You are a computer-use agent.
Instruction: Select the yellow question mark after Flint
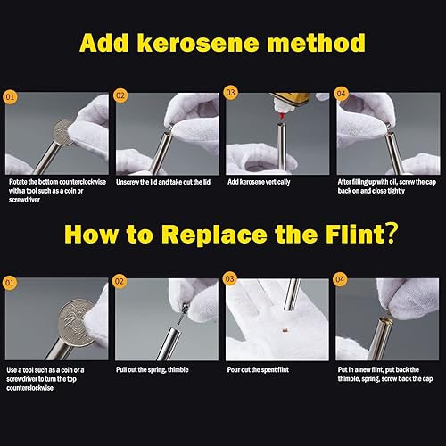(x=392, y=234)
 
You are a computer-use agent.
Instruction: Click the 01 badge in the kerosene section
(x=10, y=97)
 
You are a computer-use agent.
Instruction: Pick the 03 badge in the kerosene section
(x=231, y=93)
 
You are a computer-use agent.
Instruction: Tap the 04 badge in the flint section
(x=340, y=279)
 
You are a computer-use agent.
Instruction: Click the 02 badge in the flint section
(x=120, y=281)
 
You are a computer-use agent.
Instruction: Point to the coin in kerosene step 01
(x=63, y=132)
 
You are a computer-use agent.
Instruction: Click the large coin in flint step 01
(x=77, y=323)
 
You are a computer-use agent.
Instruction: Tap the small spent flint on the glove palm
(x=285, y=330)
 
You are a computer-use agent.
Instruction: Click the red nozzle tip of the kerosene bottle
(x=281, y=118)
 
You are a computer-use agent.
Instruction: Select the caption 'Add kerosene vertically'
(x=259, y=182)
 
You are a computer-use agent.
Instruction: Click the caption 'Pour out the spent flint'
(x=258, y=369)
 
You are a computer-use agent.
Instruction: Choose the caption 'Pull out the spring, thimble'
(x=153, y=369)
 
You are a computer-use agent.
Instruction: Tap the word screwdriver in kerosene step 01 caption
(x=24, y=200)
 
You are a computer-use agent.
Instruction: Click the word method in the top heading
(x=316, y=44)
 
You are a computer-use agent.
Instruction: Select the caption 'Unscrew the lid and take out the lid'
(x=163, y=182)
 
